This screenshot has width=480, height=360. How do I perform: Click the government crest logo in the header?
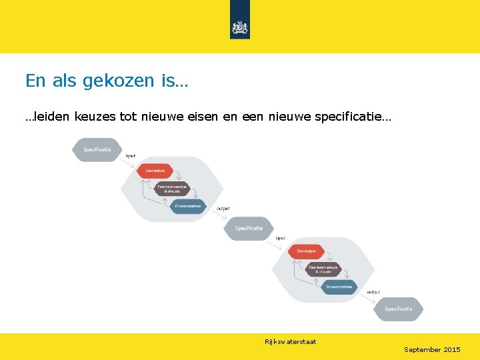239,27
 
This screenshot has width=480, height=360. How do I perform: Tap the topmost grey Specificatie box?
97,149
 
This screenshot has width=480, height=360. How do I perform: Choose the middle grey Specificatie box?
249,228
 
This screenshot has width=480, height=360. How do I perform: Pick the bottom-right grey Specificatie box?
398,309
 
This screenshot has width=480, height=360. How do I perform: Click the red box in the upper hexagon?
155,171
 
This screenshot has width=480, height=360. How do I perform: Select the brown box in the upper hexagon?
172,189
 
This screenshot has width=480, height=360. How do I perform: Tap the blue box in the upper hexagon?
189,207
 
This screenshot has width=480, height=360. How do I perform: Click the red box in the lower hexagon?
306,251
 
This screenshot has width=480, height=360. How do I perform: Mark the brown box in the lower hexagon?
323,269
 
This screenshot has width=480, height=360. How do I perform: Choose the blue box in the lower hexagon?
339,287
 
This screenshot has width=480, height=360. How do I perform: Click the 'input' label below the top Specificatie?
131,156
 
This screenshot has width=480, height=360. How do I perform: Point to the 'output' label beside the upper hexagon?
224,208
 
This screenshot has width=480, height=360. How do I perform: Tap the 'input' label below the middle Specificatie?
281,237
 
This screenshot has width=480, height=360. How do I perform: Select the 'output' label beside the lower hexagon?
374,291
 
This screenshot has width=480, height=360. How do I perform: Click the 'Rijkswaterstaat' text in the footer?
291,342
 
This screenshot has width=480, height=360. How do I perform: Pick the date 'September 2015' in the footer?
432,350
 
